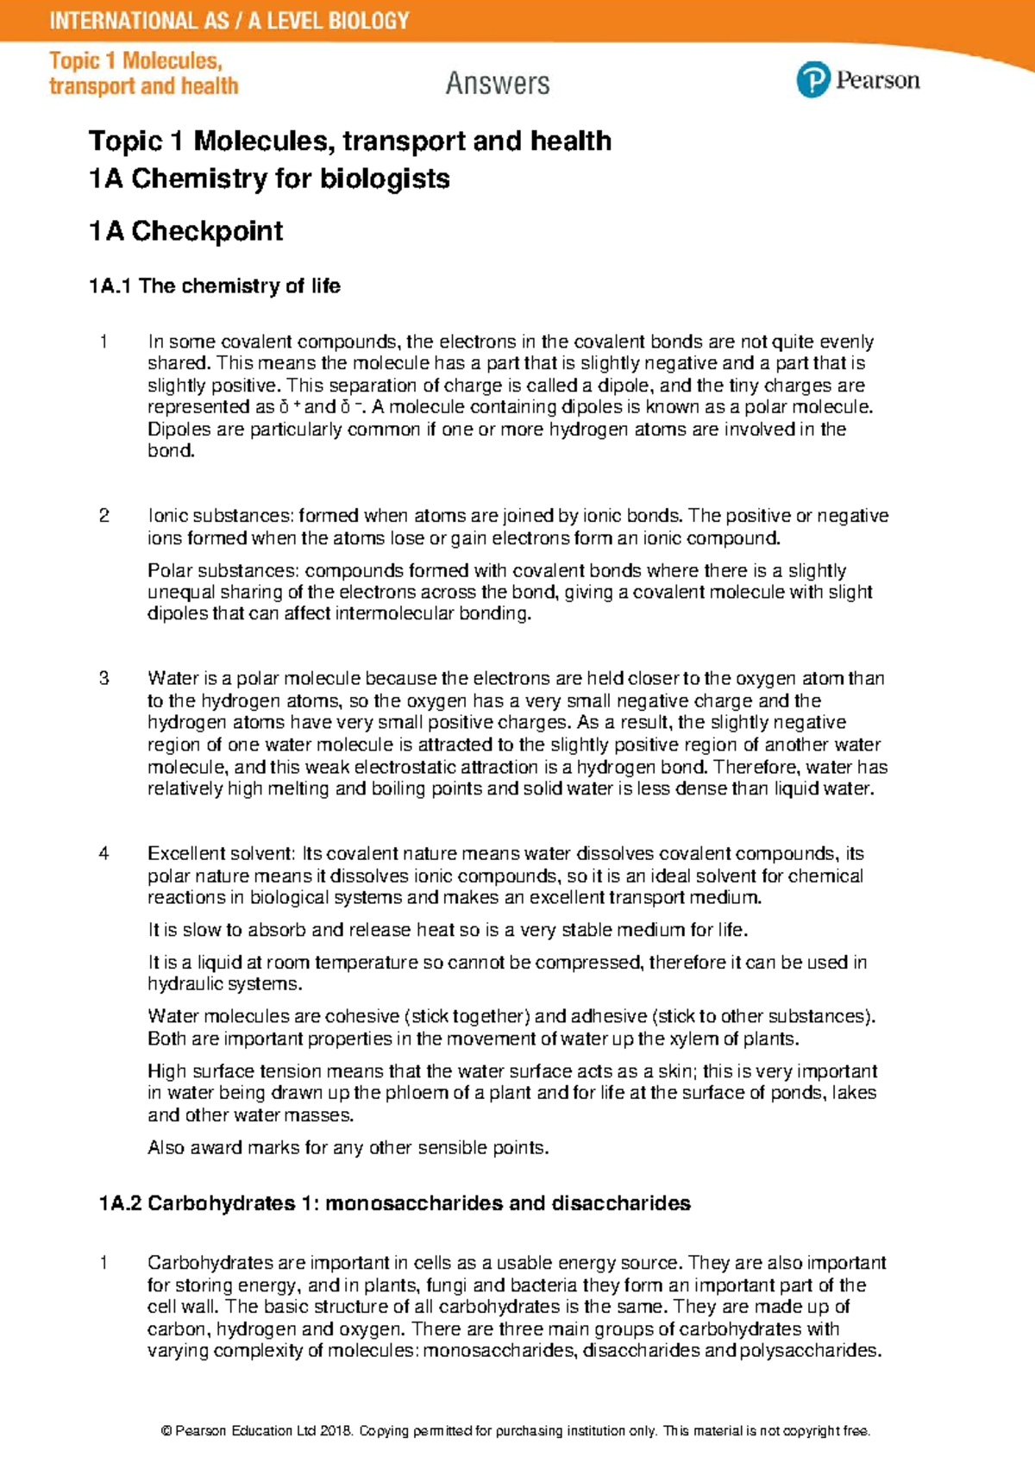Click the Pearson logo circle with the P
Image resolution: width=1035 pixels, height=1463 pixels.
tap(812, 80)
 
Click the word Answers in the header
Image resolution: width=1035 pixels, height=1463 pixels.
tap(498, 84)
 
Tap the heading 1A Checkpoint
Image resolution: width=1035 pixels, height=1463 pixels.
tap(185, 231)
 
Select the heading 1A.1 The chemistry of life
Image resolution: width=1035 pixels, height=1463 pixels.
tap(214, 286)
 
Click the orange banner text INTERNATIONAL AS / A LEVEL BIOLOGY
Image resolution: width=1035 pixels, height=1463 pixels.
tap(229, 21)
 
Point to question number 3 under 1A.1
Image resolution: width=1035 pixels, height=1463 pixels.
tap(104, 679)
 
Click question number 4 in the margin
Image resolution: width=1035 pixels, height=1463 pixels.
tap(104, 854)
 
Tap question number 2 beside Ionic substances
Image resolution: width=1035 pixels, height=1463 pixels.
tap(104, 516)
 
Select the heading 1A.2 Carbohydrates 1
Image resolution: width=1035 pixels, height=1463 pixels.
tap(394, 1203)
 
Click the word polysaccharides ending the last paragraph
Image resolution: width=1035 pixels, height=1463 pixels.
tap(809, 1351)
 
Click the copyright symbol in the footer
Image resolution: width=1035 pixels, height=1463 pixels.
tap(166, 1431)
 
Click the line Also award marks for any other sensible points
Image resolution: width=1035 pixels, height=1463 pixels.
tap(348, 1148)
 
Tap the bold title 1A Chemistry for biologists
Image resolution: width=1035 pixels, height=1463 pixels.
tap(269, 179)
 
